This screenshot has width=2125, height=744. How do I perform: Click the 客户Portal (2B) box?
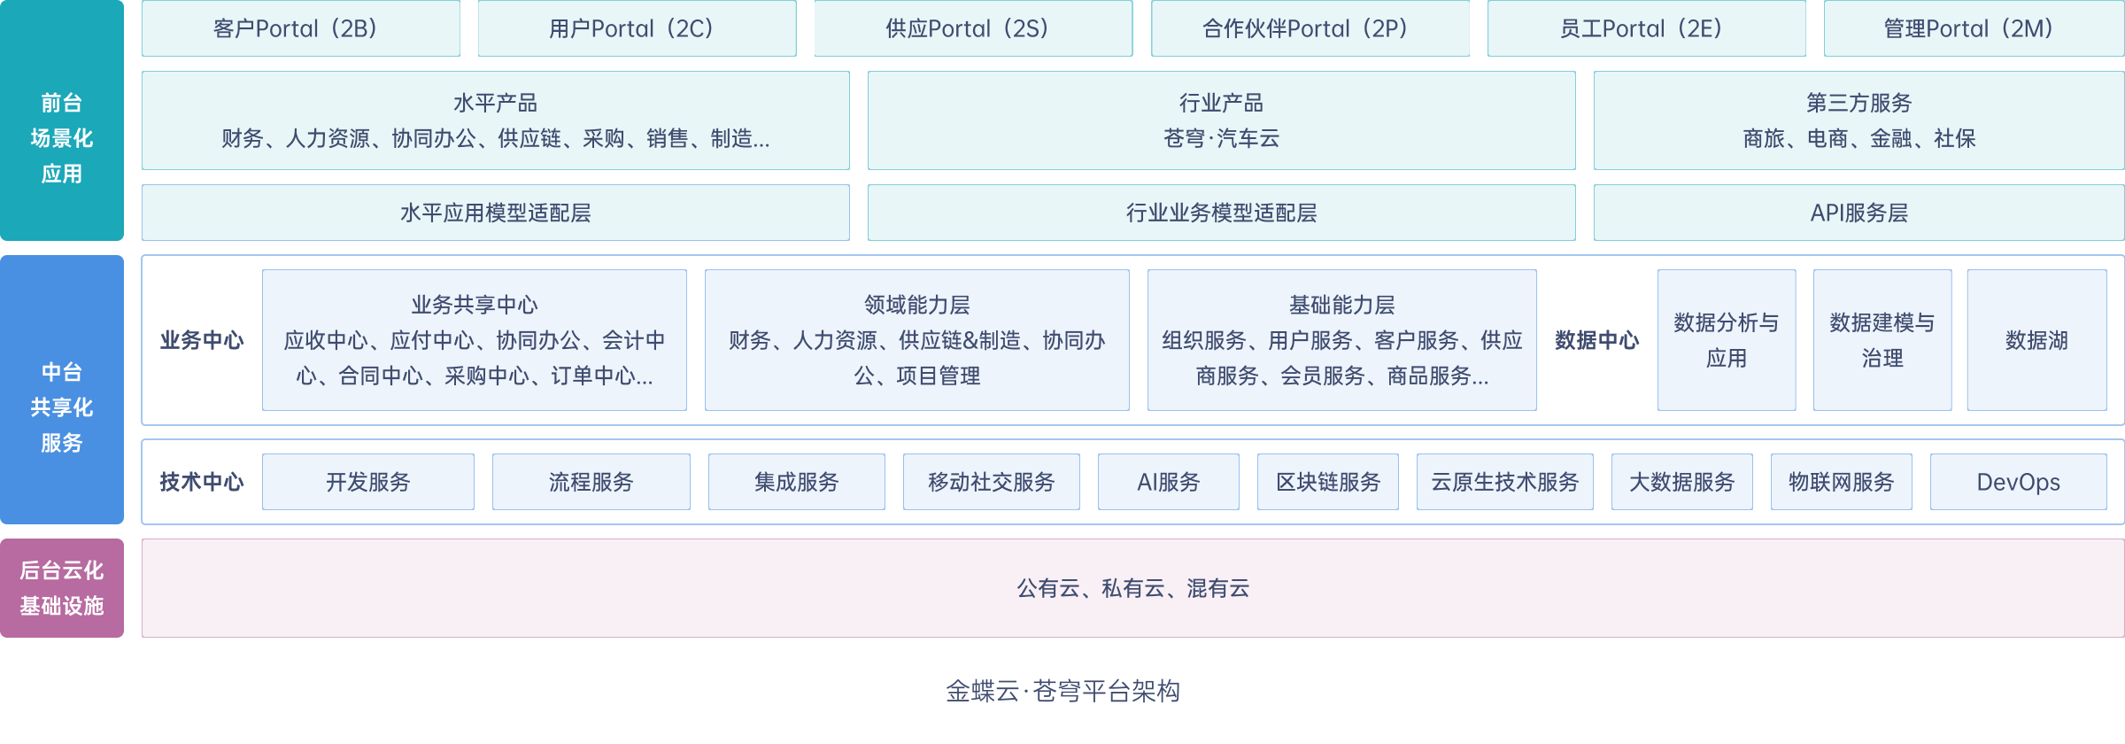[300, 28]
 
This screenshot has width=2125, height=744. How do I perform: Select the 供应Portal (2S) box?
[972, 28]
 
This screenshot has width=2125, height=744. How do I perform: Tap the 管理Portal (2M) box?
[1973, 28]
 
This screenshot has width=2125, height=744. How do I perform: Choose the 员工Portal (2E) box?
[1645, 28]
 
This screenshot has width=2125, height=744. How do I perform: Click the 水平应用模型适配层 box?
[495, 213]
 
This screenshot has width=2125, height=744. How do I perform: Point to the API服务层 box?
[1858, 213]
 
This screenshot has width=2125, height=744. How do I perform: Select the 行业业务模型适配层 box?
[1221, 213]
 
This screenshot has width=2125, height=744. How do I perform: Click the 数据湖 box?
[2036, 340]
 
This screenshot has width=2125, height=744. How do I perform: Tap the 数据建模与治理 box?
[1882, 340]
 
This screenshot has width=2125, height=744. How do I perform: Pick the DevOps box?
[2018, 482]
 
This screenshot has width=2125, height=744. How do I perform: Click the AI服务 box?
[1168, 482]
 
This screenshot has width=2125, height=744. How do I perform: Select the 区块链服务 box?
[1327, 482]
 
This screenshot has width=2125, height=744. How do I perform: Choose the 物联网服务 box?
[1841, 482]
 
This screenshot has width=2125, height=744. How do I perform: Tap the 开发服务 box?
[367, 482]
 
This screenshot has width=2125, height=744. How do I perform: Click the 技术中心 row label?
[201, 482]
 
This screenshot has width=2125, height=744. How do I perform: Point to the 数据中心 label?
[1596, 340]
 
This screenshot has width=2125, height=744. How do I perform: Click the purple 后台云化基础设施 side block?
[62, 588]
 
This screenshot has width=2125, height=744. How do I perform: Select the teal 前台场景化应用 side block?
[62, 120]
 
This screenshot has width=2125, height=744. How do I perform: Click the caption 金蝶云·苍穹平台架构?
[1062, 691]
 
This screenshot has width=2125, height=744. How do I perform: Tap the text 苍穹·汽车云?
[1221, 138]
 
